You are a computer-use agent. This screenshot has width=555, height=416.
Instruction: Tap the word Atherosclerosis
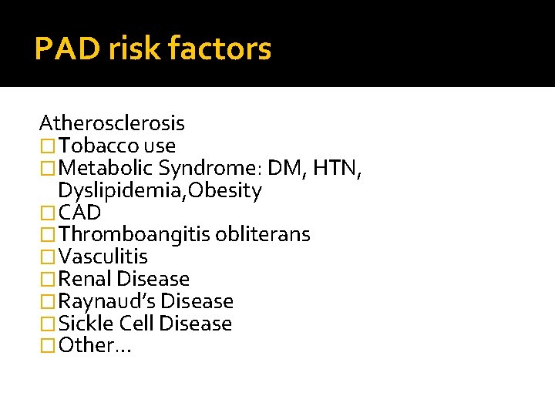pos(112,123)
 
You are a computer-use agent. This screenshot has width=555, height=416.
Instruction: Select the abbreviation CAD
pos(79,213)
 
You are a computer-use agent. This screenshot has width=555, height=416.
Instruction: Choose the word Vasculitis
pos(103,257)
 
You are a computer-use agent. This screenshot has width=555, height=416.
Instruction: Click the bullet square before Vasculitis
pos(48,257)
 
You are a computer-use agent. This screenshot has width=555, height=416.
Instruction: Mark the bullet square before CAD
pos(48,213)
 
